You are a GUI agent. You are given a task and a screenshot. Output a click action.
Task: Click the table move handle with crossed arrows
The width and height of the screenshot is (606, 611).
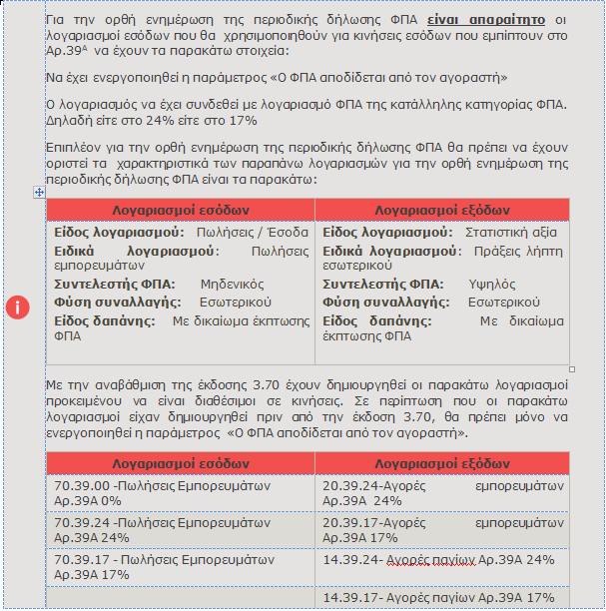(x=39, y=191)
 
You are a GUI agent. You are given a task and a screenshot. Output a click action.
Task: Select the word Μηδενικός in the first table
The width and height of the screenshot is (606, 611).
(x=232, y=284)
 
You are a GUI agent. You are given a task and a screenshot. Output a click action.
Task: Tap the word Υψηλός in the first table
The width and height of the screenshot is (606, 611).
(x=492, y=284)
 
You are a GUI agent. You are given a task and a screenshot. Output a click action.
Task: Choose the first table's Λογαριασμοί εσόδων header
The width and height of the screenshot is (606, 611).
(x=181, y=210)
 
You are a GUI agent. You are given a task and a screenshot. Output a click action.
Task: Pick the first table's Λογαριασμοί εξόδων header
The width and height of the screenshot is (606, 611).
(x=442, y=210)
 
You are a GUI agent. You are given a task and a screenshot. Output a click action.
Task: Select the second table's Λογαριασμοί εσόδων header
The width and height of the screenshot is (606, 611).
(x=181, y=464)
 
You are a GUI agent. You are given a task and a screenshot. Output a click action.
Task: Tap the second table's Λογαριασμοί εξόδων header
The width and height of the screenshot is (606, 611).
(x=442, y=464)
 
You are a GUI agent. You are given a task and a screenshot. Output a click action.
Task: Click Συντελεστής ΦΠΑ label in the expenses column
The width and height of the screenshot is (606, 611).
(x=383, y=284)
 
